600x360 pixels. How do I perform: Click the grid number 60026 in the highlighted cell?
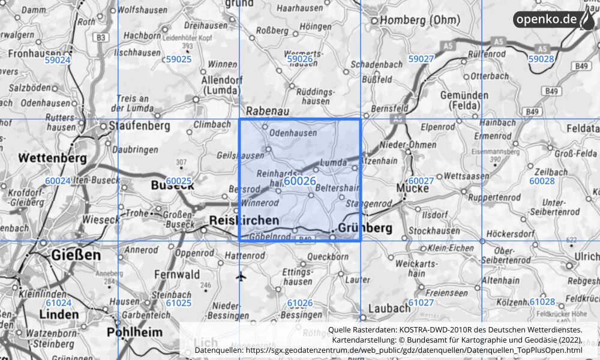tap(300, 181)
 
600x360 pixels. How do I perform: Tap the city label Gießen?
tap(76, 255)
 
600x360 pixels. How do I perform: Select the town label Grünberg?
tap(365, 228)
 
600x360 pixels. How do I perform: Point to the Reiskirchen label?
tap(244, 221)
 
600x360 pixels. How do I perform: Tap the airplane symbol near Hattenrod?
tap(241, 276)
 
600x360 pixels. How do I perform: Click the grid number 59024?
tap(58, 59)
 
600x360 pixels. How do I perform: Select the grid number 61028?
tap(542, 302)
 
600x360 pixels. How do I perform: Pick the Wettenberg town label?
tap(53, 159)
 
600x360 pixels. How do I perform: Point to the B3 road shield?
tap(103, 38)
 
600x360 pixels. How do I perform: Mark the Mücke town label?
tap(413, 188)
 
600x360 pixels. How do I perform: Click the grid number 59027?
tap(421, 59)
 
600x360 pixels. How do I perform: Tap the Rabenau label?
tap(268, 111)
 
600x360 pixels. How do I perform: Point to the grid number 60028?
tap(542, 181)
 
